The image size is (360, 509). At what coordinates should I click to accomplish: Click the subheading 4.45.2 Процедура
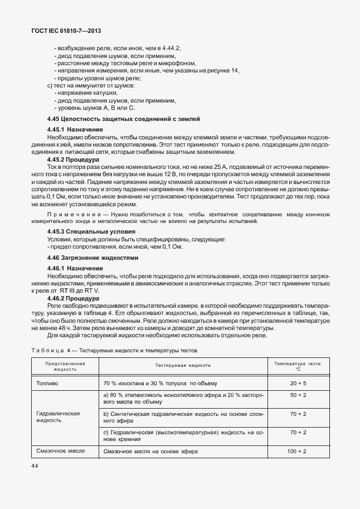75,159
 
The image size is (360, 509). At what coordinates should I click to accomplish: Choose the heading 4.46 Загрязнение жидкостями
93,258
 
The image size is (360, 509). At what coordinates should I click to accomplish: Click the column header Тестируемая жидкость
183,365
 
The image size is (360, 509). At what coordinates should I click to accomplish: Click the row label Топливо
47,384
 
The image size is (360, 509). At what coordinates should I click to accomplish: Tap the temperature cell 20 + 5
298,384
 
